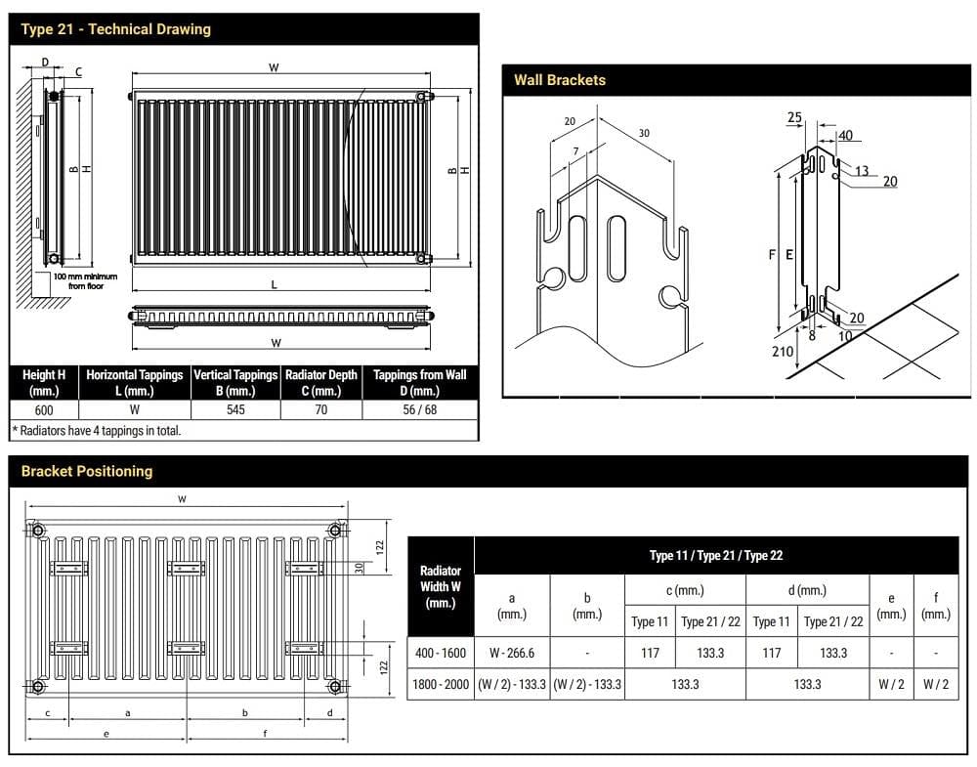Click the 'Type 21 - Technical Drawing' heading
tap(115, 29)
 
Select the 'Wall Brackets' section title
tap(560, 80)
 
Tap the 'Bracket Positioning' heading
tap(87, 471)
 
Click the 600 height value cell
tap(44, 410)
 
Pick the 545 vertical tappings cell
tap(235, 410)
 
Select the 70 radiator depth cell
tap(320, 410)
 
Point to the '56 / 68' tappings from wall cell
tap(419, 410)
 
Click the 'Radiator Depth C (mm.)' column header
tap(320, 382)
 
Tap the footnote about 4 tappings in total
tap(97, 430)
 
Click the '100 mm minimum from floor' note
tap(85, 281)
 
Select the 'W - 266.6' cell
tap(511, 652)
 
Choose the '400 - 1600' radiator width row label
tap(440, 652)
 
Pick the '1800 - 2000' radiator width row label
tap(440, 684)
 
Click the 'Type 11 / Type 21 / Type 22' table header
tap(716, 555)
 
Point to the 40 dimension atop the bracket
tap(845, 136)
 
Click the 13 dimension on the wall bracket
tap(862, 171)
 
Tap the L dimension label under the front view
tap(274, 284)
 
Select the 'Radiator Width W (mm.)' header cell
tap(440, 586)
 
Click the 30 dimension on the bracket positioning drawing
tap(359, 568)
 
